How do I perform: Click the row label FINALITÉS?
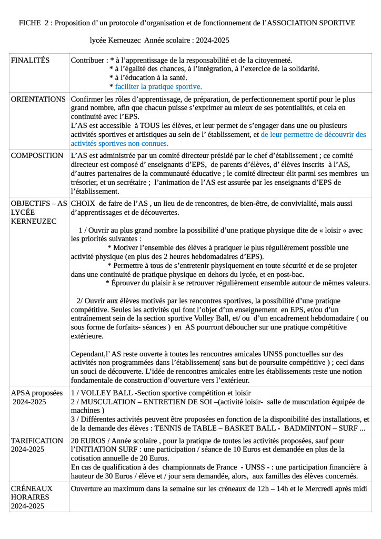click(x=30, y=61)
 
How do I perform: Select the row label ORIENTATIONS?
click(x=38, y=99)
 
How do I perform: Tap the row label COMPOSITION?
click(x=37, y=156)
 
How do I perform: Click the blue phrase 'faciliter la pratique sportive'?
click(x=158, y=86)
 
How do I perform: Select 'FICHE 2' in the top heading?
click(x=34, y=23)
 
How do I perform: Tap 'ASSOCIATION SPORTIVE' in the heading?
click(x=309, y=23)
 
